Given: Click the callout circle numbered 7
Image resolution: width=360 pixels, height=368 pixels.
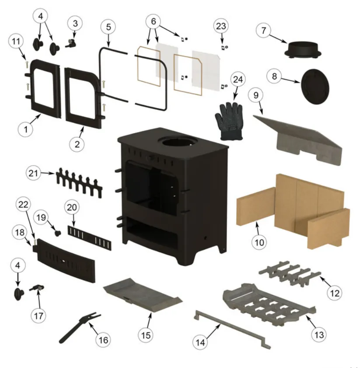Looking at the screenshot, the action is pyautogui.click(x=263, y=30).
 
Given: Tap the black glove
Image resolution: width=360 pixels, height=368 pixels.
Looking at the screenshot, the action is pyautogui.click(x=229, y=121).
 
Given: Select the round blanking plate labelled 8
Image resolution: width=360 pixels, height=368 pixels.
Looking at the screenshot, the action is pyautogui.click(x=315, y=87).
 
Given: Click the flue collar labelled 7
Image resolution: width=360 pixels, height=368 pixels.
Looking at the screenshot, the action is pyautogui.click(x=303, y=50).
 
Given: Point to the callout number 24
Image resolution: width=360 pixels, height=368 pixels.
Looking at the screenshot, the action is pyautogui.click(x=238, y=80).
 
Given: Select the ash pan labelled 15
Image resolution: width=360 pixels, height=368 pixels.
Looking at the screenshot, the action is pyautogui.click(x=143, y=295).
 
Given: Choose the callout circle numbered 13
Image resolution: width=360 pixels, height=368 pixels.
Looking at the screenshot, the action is pyautogui.click(x=319, y=334).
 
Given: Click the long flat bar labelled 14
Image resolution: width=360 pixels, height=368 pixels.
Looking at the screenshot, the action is pyautogui.click(x=232, y=330).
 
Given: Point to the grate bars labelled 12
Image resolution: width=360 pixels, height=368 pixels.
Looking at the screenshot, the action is pyautogui.click(x=290, y=273).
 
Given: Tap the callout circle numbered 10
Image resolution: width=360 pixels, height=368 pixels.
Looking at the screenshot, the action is pyautogui.click(x=259, y=242).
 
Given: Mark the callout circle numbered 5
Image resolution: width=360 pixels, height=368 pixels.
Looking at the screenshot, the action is pyautogui.click(x=108, y=27).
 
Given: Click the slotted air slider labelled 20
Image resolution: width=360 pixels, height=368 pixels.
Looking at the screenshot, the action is pyautogui.click(x=90, y=238).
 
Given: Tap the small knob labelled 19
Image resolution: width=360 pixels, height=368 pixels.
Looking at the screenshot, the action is pyautogui.click(x=58, y=233).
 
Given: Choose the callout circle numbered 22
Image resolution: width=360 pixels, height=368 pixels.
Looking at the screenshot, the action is pyautogui.click(x=23, y=205).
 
